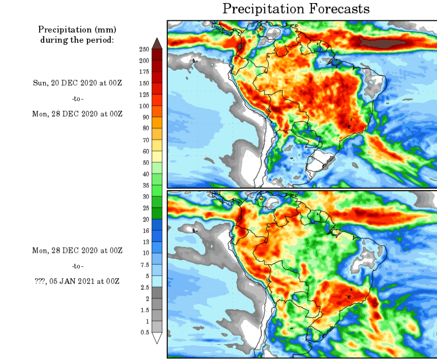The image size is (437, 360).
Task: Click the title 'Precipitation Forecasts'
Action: pyautogui.click(x=296, y=9)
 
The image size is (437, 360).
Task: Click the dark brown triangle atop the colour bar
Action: pyautogui.click(x=157, y=43)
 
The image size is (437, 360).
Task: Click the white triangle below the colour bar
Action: pyautogui.click(x=157, y=338)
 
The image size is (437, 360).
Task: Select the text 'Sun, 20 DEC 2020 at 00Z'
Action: pyautogui.click(x=77, y=83)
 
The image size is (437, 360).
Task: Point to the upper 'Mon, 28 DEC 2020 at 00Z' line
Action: pyautogui.click(x=77, y=113)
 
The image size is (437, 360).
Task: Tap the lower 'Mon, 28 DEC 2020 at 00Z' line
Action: pyautogui.click(x=77, y=251)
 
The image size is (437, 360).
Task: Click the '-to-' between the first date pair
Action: pyautogui.click(x=77, y=98)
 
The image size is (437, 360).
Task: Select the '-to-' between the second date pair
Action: pyautogui.click(x=77, y=266)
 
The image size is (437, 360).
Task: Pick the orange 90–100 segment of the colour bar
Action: pyautogui.click(x=157, y=111)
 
